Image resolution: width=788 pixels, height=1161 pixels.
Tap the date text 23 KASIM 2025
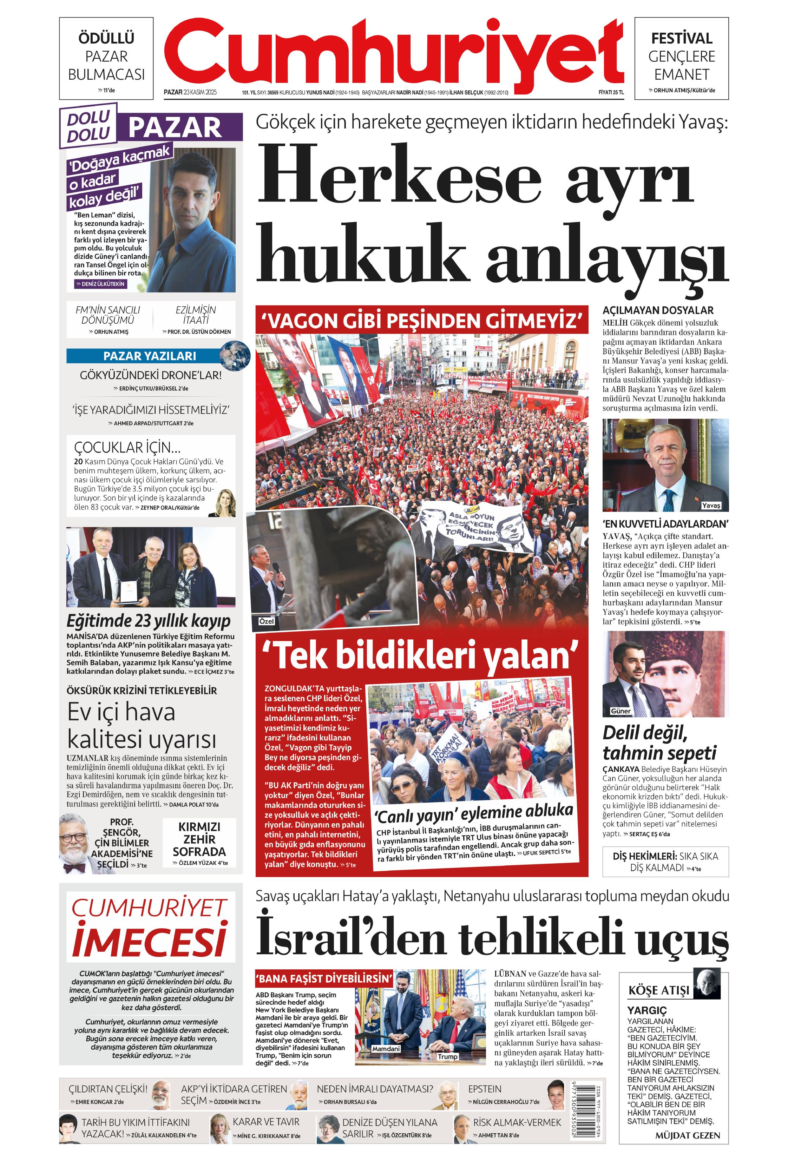tap(200, 92)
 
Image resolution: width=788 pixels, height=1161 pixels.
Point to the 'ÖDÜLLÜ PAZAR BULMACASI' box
tap(106, 58)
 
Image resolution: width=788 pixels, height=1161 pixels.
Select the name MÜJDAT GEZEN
tap(687, 1135)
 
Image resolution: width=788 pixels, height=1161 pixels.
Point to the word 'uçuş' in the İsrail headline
tap(682, 940)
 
